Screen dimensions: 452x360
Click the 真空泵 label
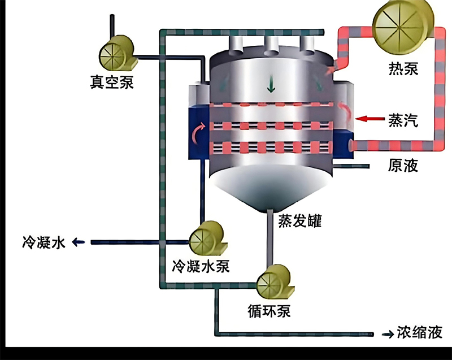[112, 82]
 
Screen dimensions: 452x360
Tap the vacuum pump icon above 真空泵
[118, 53]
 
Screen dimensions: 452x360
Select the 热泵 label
[403, 68]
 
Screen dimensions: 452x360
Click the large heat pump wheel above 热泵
[403, 27]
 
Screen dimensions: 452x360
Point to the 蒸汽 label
[403, 120]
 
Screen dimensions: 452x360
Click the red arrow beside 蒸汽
[370, 118]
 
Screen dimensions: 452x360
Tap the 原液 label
[403, 166]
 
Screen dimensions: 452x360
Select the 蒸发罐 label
[300, 221]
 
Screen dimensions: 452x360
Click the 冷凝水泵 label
[201, 266]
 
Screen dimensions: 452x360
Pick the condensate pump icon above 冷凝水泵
[207, 238]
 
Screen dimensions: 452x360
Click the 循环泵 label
[270, 311]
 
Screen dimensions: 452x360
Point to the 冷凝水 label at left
[44, 242]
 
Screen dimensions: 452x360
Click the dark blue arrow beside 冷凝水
[79, 242]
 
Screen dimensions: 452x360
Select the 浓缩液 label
[420, 332]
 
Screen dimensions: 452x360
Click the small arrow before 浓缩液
[388, 335]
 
